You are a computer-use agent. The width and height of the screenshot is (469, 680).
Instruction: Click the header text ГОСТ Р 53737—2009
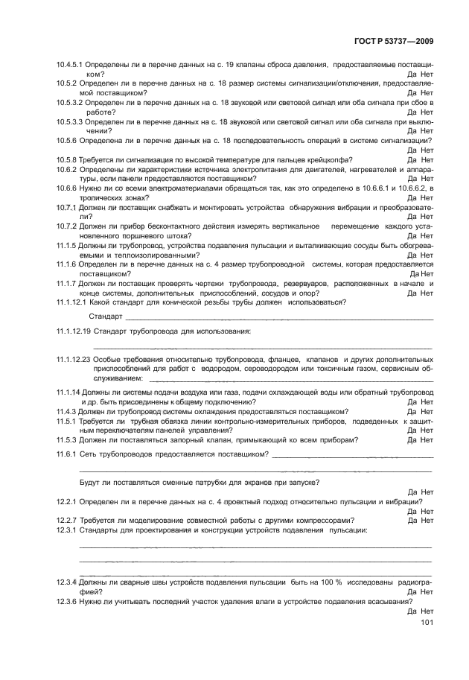point(395,42)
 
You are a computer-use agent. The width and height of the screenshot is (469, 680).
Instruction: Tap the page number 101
point(427,623)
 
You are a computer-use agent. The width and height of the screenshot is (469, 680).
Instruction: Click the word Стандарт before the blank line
point(106,317)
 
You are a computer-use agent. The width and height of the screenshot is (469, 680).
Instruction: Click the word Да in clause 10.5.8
point(412,159)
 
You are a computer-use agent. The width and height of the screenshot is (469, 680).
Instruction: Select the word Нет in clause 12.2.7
point(427,520)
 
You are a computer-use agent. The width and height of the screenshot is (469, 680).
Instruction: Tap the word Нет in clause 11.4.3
point(427,411)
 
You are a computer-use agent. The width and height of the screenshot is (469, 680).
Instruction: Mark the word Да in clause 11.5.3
point(412,439)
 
